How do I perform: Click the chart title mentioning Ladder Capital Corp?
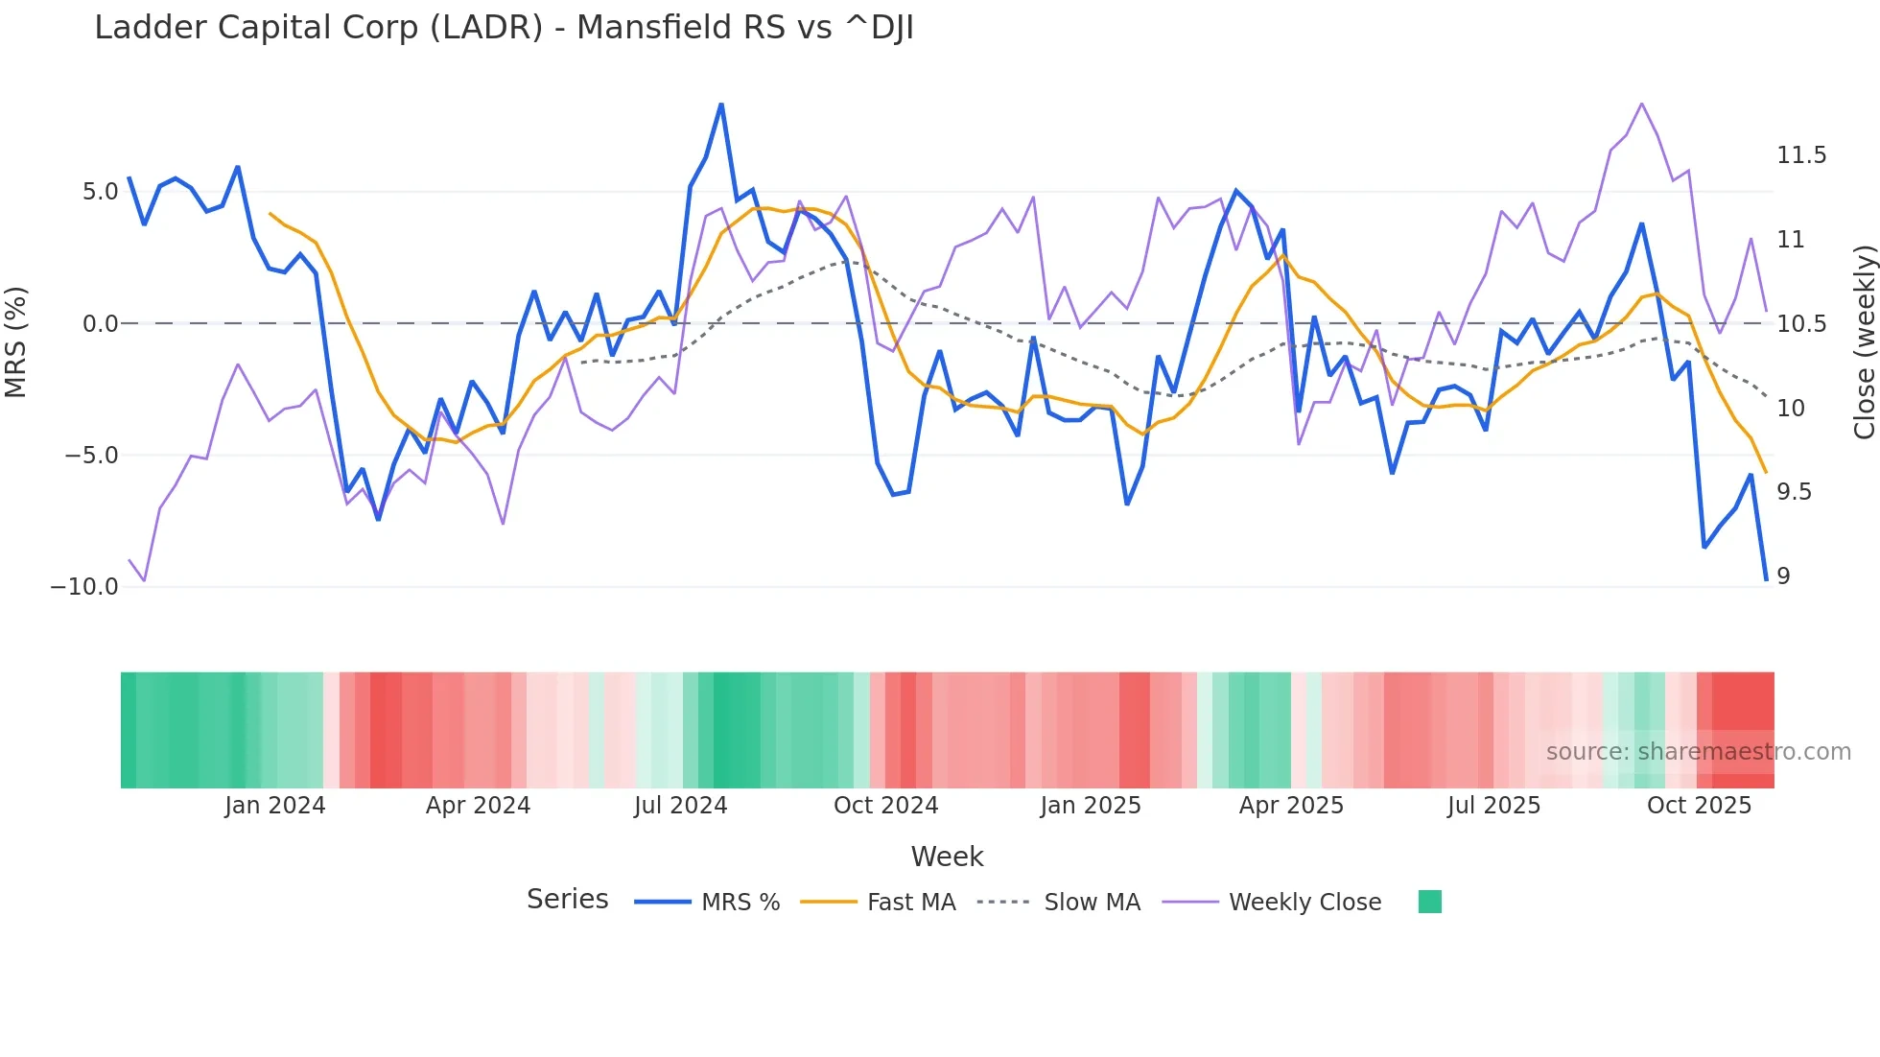(x=504, y=28)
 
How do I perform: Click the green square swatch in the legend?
(x=1429, y=902)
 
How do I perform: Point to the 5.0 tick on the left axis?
(x=100, y=192)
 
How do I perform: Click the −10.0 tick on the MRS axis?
(x=84, y=587)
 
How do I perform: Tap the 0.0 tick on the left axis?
(x=100, y=324)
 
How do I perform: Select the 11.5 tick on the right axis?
(x=1800, y=155)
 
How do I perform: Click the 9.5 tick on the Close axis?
(x=1794, y=492)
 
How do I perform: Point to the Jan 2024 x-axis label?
(x=275, y=806)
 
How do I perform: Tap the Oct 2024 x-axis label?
(x=885, y=806)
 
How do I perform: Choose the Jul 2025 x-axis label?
(x=1493, y=806)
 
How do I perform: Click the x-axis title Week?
(x=947, y=857)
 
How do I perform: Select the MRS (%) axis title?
(x=16, y=341)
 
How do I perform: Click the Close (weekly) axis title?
(x=1864, y=341)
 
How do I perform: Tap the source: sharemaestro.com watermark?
(x=1698, y=752)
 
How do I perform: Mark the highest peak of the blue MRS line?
(x=721, y=105)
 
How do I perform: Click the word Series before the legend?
(x=567, y=900)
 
